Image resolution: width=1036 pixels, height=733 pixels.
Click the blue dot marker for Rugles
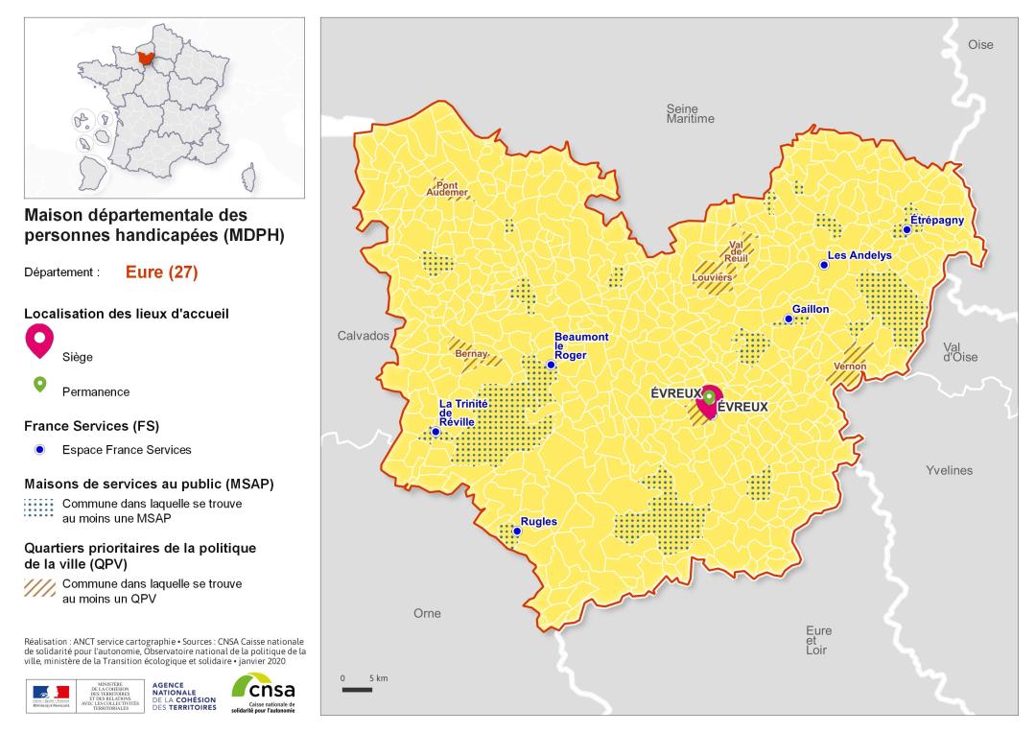point(517,531)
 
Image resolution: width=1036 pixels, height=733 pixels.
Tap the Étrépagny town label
point(936,221)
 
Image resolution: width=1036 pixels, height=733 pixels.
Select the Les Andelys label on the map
point(859,255)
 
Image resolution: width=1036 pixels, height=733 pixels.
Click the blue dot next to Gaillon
point(789,319)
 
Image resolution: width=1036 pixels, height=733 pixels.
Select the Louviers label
point(713,277)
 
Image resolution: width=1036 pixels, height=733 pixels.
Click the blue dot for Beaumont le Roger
point(551,365)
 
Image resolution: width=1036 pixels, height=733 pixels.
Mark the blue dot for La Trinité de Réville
point(436,432)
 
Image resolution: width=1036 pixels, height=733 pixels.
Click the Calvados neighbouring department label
point(363,336)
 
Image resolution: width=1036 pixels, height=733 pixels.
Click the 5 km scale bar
point(357,689)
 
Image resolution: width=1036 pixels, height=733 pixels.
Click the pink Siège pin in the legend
point(39,339)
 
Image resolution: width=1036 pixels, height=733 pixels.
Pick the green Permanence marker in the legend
point(39,385)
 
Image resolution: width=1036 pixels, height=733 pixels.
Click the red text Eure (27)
point(161,272)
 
